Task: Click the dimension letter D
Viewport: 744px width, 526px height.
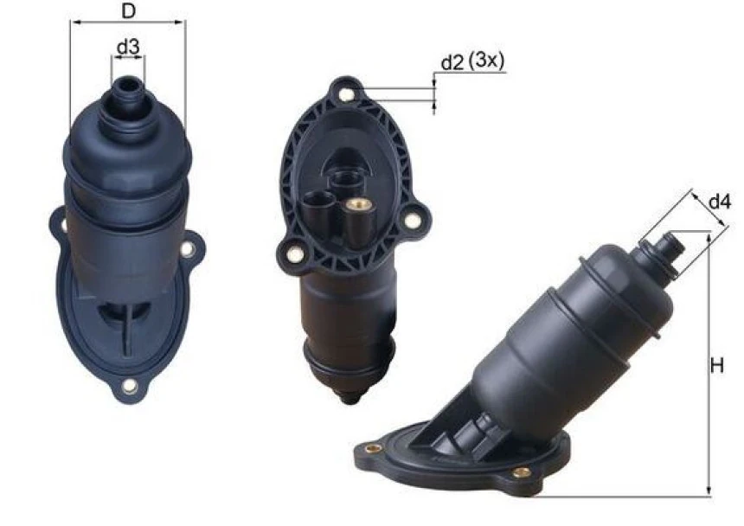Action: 128,11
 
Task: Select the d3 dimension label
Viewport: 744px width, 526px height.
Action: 129,48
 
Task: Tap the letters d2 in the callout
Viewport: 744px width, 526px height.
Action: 452,62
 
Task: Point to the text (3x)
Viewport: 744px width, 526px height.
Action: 486,62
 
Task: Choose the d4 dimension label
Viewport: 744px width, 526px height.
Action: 720,202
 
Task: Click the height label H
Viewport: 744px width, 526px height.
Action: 717,367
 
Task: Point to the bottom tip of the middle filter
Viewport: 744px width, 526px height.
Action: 348,397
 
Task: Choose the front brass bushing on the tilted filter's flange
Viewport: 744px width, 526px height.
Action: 521,472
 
